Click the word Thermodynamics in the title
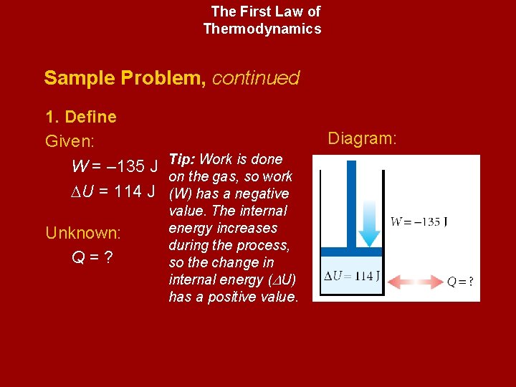coord(262,29)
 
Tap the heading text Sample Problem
coord(124,77)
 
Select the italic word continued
coord(256,77)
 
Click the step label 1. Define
coord(80,117)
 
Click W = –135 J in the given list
coord(115,167)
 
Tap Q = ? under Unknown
coord(92,257)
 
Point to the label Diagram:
coord(362,138)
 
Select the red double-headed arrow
coord(415,281)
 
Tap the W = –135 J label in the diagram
coord(419,221)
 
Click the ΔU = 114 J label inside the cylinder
coord(352,277)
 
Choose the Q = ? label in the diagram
coord(459,282)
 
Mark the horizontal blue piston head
coord(351,252)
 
